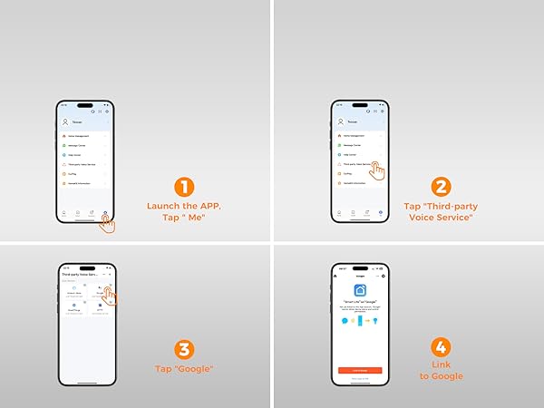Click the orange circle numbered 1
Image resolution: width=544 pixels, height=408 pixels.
pyautogui.click(x=185, y=189)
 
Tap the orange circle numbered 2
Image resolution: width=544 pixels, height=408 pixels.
pyautogui.click(x=442, y=189)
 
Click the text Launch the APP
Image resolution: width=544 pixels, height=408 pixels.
pyautogui.click(x=184, y=206)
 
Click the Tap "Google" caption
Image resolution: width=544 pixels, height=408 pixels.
pyautogui.click(x=185, y=369)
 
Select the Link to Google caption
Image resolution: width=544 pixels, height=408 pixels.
pyautogui.click(x=442, y=370)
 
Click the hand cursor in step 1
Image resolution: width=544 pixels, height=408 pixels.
pyautogui.click(x=108, y=222)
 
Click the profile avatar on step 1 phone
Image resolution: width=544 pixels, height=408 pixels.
pyautogui.click(x=65, y=121)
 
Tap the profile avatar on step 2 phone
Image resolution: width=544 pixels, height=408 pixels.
pyautogui.click(x=337, y=121)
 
